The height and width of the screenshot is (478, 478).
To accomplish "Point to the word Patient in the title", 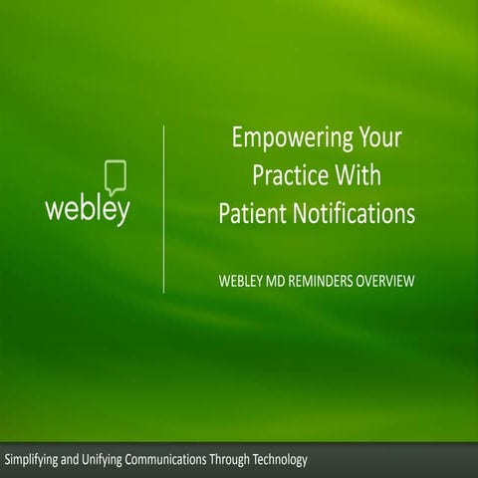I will (x=253, y=213).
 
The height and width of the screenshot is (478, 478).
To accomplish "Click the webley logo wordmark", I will (x=88, y=211).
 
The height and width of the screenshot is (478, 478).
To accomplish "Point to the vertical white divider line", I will (x=163, y=209).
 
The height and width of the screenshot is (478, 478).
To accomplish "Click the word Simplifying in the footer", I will (x=32, y=459).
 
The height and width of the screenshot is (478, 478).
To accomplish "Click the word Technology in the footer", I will (x=284, y=459).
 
